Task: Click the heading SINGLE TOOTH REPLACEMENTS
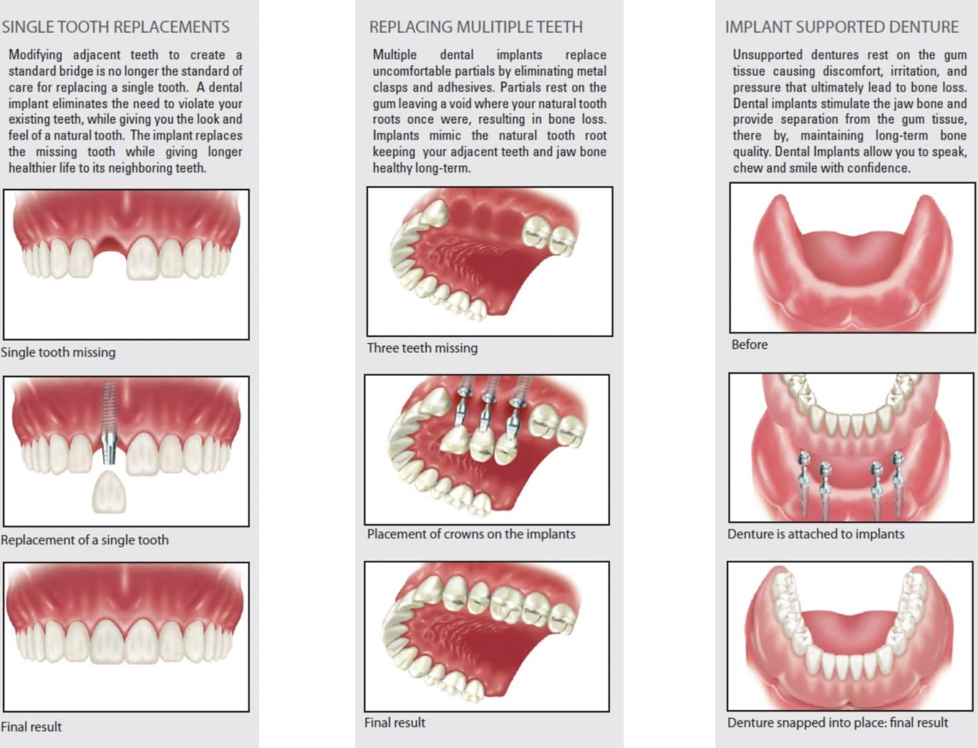point(115,27)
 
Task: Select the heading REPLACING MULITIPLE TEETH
point(476,27)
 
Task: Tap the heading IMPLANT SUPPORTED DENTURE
point(841,27)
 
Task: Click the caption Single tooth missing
point(58,352)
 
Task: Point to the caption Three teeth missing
point(422,348)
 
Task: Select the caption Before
point(749,345)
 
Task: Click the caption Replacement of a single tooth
point(84,540)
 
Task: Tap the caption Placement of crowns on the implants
point(471,534)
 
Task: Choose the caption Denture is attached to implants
point(815,534)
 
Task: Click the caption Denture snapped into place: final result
point(837,722)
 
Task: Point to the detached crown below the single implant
point(109,492)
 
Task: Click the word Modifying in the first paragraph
point(35,55)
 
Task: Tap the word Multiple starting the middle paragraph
point(395,55)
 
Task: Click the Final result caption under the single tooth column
point(31,727)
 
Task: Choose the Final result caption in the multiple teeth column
point(395,722)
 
